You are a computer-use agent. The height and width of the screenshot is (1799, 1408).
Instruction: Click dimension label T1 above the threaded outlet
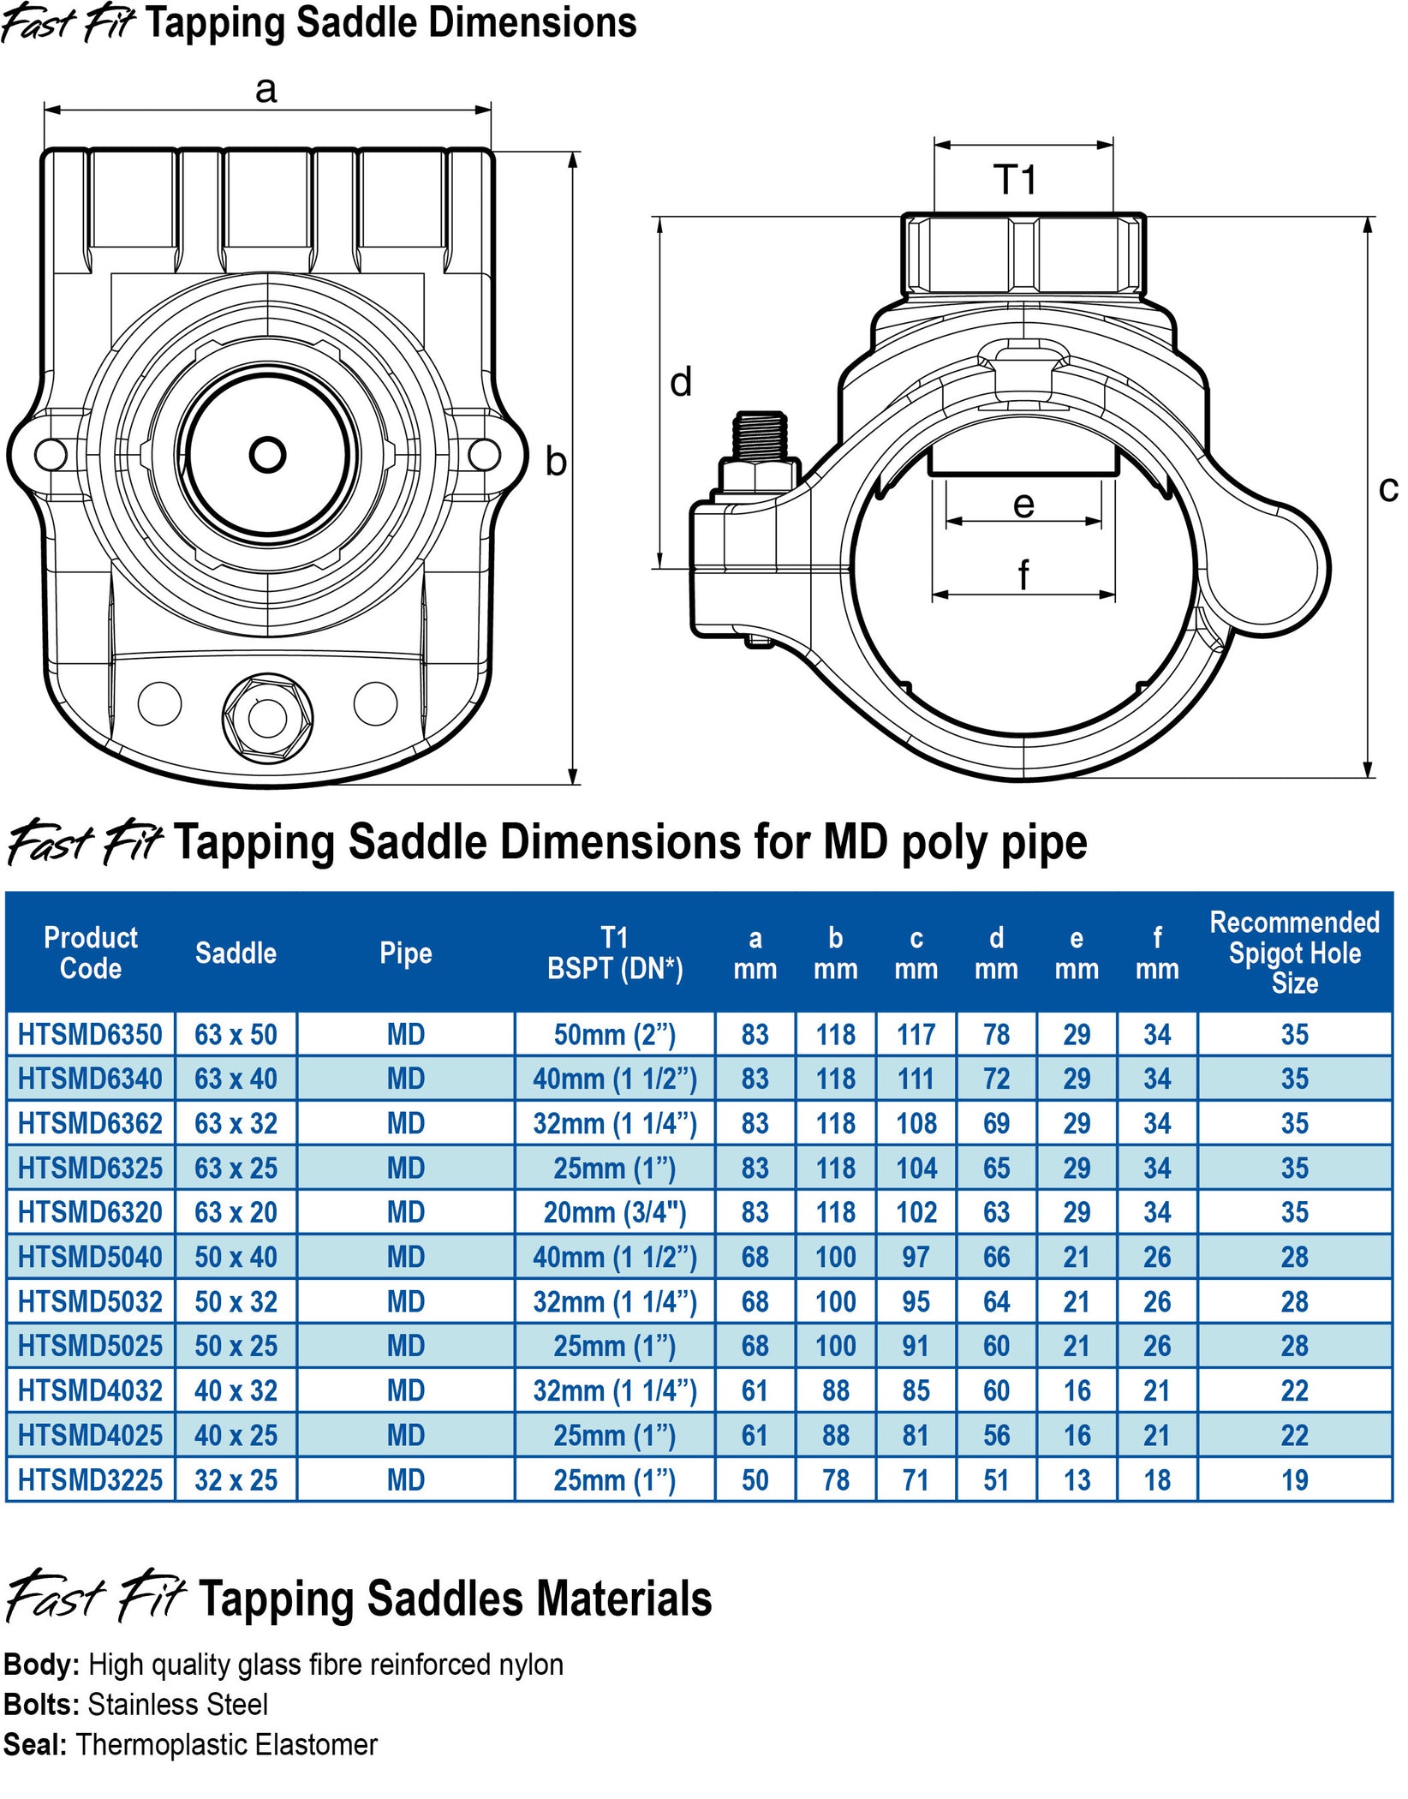tap(1016, 180)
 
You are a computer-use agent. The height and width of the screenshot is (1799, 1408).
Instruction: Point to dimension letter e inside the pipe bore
tap(1023, 505)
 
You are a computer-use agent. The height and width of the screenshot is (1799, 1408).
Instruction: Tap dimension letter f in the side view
tap(1023, 574)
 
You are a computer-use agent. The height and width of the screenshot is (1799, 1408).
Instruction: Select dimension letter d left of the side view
tap(681, 382)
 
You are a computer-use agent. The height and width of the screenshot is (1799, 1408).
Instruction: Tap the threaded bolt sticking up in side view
tap(761, 437)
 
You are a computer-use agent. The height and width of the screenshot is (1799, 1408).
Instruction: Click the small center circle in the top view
tap(267, 455)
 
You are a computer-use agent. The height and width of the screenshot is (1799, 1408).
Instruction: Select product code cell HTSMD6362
tap(90, 1123)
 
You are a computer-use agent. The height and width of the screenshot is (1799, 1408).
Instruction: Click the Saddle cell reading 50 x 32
tap(236, 1301)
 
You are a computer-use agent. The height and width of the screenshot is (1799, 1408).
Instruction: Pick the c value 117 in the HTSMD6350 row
tap(916, 1035)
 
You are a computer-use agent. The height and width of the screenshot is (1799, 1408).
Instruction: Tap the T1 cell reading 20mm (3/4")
tap(614, 1212)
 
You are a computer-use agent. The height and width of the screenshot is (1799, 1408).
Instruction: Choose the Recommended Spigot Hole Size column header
tap(1294, 952)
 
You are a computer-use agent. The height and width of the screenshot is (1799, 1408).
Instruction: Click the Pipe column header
tap(405, 953)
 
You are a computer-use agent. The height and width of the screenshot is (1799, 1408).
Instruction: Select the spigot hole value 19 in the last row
tap(1294, 1479)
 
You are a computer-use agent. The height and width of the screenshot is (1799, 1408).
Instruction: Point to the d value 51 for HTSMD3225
tap(996, 1479)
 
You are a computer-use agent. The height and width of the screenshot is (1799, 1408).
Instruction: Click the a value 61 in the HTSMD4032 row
tap(755, 1390)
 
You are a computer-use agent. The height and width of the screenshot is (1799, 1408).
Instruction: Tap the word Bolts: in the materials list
tap(41, 1704)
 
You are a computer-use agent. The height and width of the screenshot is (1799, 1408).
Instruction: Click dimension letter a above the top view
tap(266, 89)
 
